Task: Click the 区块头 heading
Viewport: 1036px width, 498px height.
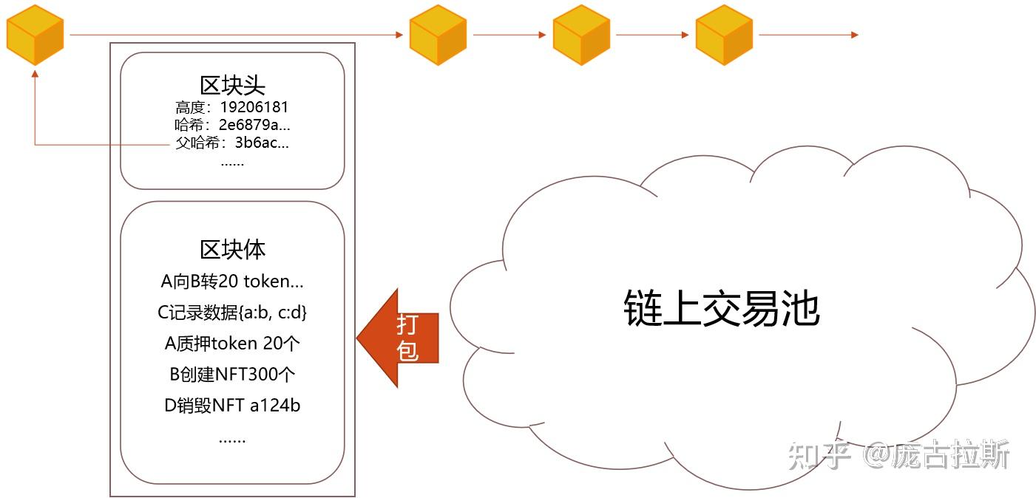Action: [232, 85]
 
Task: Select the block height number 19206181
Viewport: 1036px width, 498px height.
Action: [254, 108]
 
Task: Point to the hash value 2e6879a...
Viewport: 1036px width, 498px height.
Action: [254, 125]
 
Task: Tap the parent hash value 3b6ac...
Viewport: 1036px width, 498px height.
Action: [262, 143]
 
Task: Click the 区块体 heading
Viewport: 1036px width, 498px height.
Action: [232, 249]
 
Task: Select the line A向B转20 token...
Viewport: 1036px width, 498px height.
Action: [232, 281]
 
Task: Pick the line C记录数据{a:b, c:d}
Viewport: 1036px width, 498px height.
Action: [232, 313]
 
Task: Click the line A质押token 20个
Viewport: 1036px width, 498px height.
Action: [232, 344]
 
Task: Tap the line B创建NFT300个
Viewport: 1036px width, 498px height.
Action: [232, 375]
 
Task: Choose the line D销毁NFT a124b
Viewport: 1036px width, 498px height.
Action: [232, 406]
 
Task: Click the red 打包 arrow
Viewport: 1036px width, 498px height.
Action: [399, 338]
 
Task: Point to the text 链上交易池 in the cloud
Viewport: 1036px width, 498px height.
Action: [721, 307]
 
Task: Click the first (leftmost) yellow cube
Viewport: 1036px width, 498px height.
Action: [35, 35]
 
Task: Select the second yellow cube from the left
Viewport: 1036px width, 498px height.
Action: [438, 35]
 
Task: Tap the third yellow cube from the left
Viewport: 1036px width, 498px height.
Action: [581, 35]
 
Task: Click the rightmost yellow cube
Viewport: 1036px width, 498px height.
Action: [724, 35]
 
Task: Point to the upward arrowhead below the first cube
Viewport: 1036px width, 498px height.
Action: [35, 74]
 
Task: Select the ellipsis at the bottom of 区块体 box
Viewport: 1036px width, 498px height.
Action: [232, 439]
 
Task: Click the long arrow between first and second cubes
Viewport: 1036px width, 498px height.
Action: [237, 35]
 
